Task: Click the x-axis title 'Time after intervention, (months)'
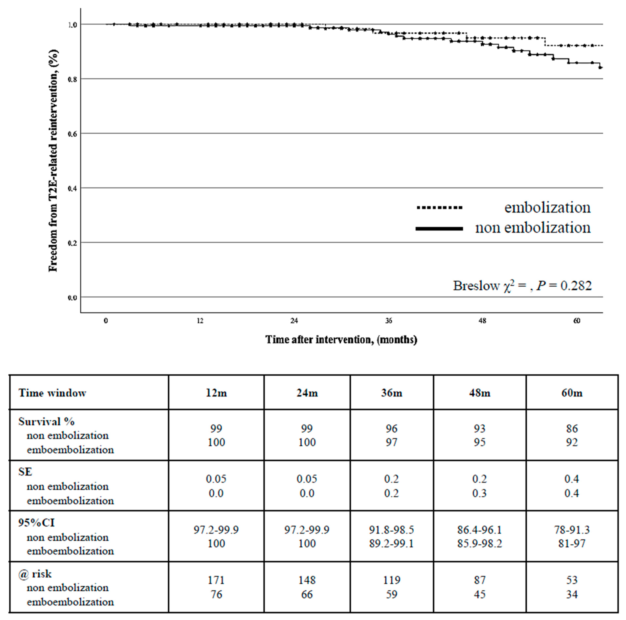341,340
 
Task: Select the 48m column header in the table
480,393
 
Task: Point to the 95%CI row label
36,522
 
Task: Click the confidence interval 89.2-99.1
391,543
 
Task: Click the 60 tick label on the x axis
576,321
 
